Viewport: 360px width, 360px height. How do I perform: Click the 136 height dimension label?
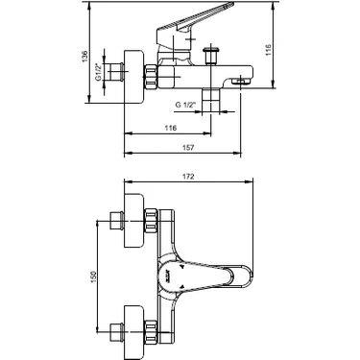click(x=84, y=57)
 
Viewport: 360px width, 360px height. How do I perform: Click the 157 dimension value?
click(x=189, y=147)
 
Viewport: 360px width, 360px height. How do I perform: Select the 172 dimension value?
click(x=189, y=177)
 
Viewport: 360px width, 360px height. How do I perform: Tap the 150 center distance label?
click(x=93, y=277)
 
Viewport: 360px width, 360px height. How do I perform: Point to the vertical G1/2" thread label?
click(x=99, y=72)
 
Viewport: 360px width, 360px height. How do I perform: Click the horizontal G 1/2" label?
click(x=185, y=105)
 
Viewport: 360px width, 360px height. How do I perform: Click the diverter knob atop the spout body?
click(x=211, y=56)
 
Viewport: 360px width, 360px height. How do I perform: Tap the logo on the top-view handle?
click(x=170, y=276)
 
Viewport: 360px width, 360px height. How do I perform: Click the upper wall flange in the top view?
click(x=133, y=221)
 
